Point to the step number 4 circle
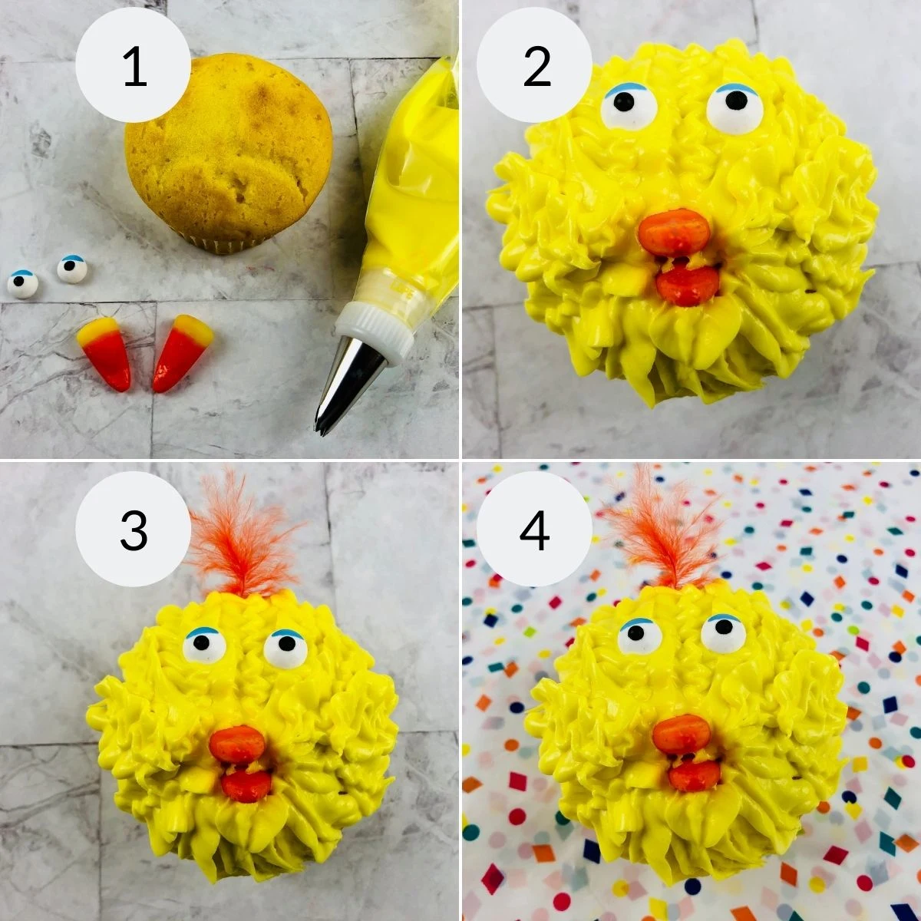click(x=534, y=530)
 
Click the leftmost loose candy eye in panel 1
click(x=22, y=283)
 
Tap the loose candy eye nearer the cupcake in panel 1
click(x=72, y=269)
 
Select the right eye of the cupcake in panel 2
click(x=734, y=108)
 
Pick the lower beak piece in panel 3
click(x=247, y=784)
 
